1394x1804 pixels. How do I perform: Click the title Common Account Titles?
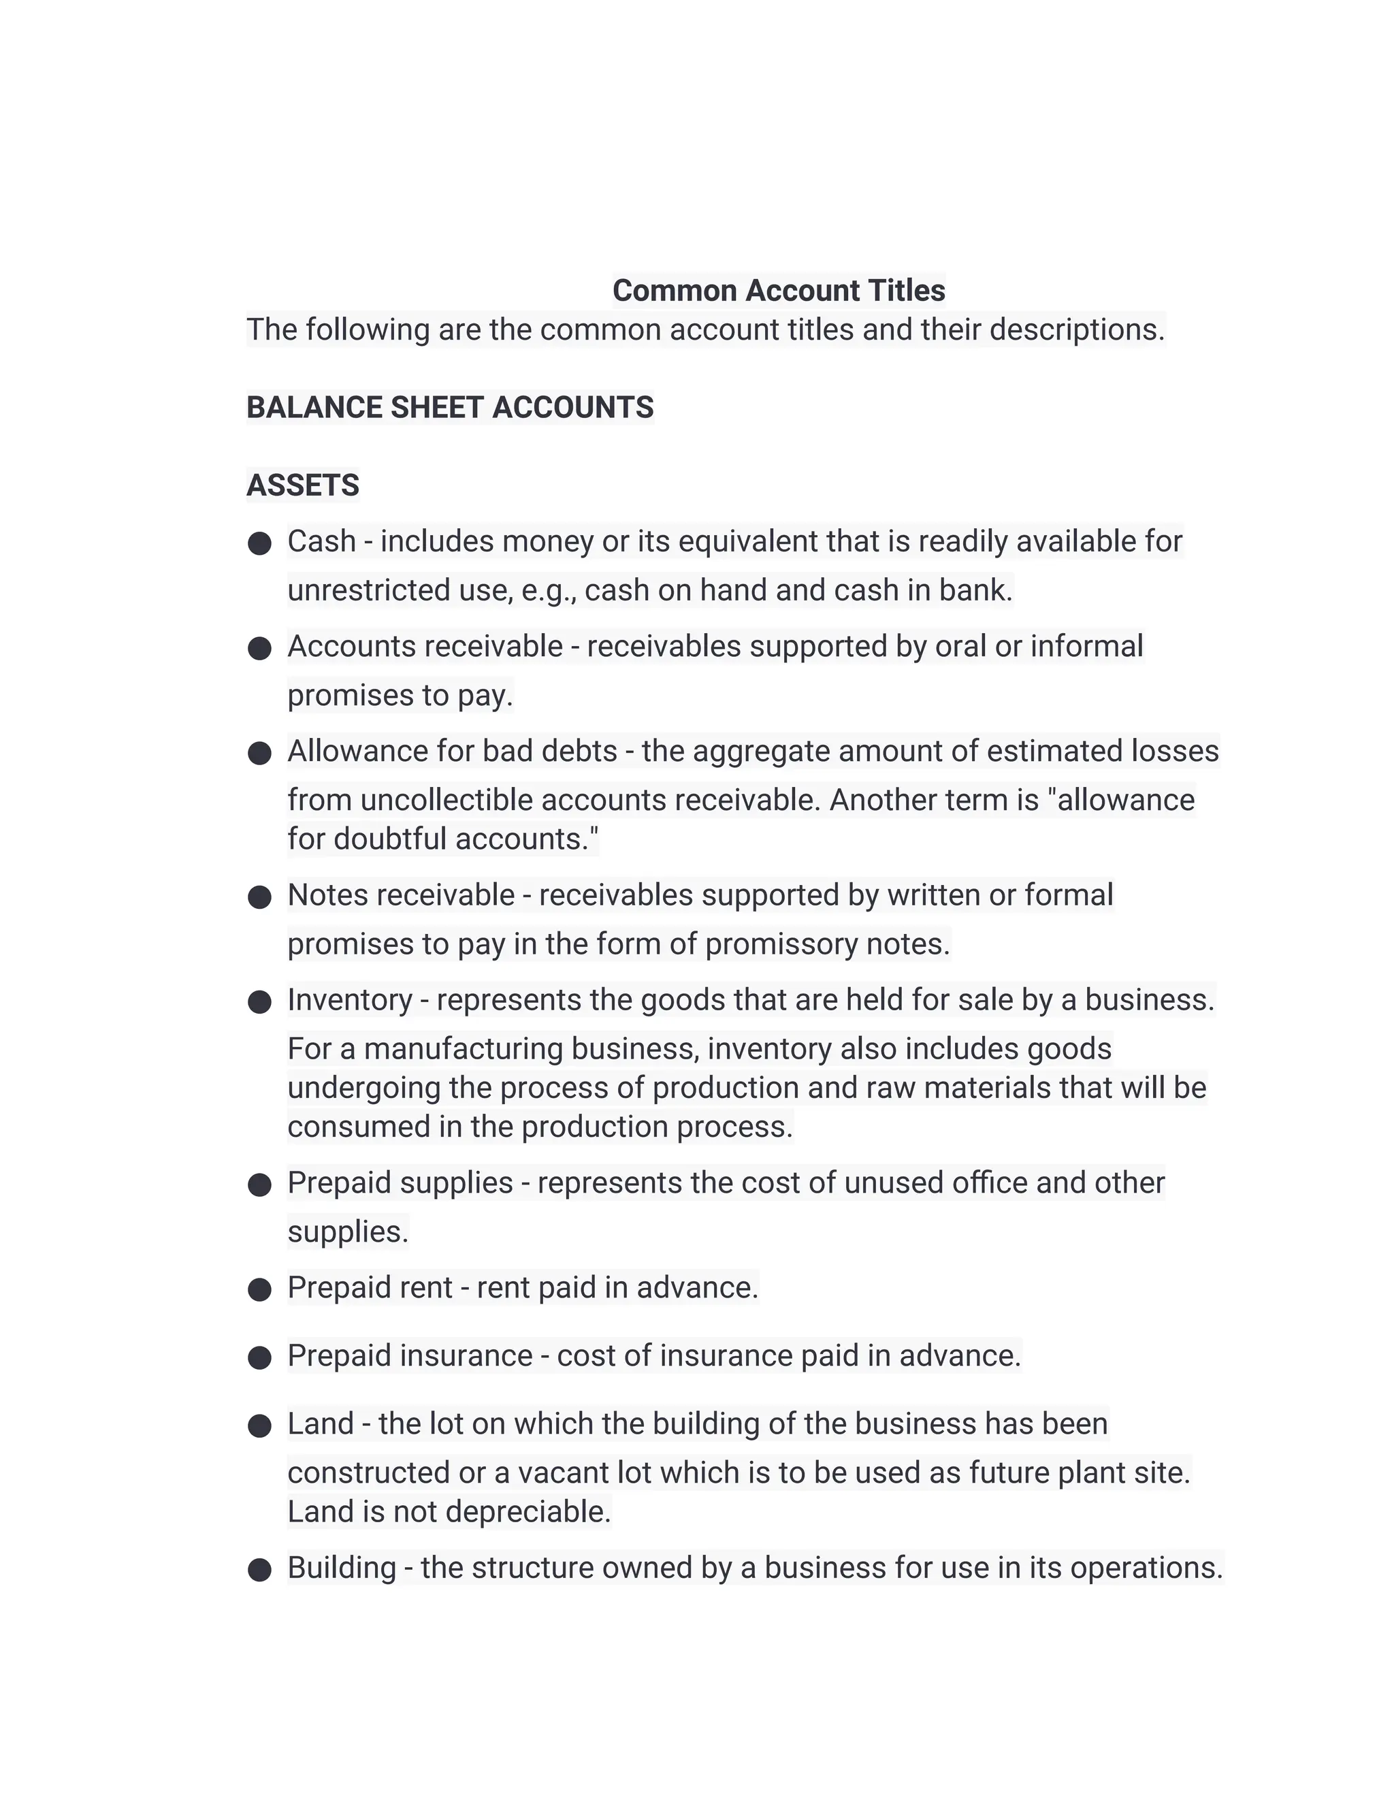pos(778,291)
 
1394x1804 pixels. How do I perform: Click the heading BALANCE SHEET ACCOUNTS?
pos(449,408)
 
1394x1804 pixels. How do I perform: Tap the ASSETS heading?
pos(302,485)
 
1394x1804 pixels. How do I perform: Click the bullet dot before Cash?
pos(259,543)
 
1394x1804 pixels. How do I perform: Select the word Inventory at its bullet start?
pos(349,1000)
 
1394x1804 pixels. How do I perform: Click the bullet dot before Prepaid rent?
pos(259,1289)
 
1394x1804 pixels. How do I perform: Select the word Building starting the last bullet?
pos(341,1568)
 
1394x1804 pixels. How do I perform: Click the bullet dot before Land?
pos(259,1426)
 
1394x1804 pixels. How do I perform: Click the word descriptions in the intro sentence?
pos(1076,330)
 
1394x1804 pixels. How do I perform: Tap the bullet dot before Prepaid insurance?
pos(259,1358)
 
